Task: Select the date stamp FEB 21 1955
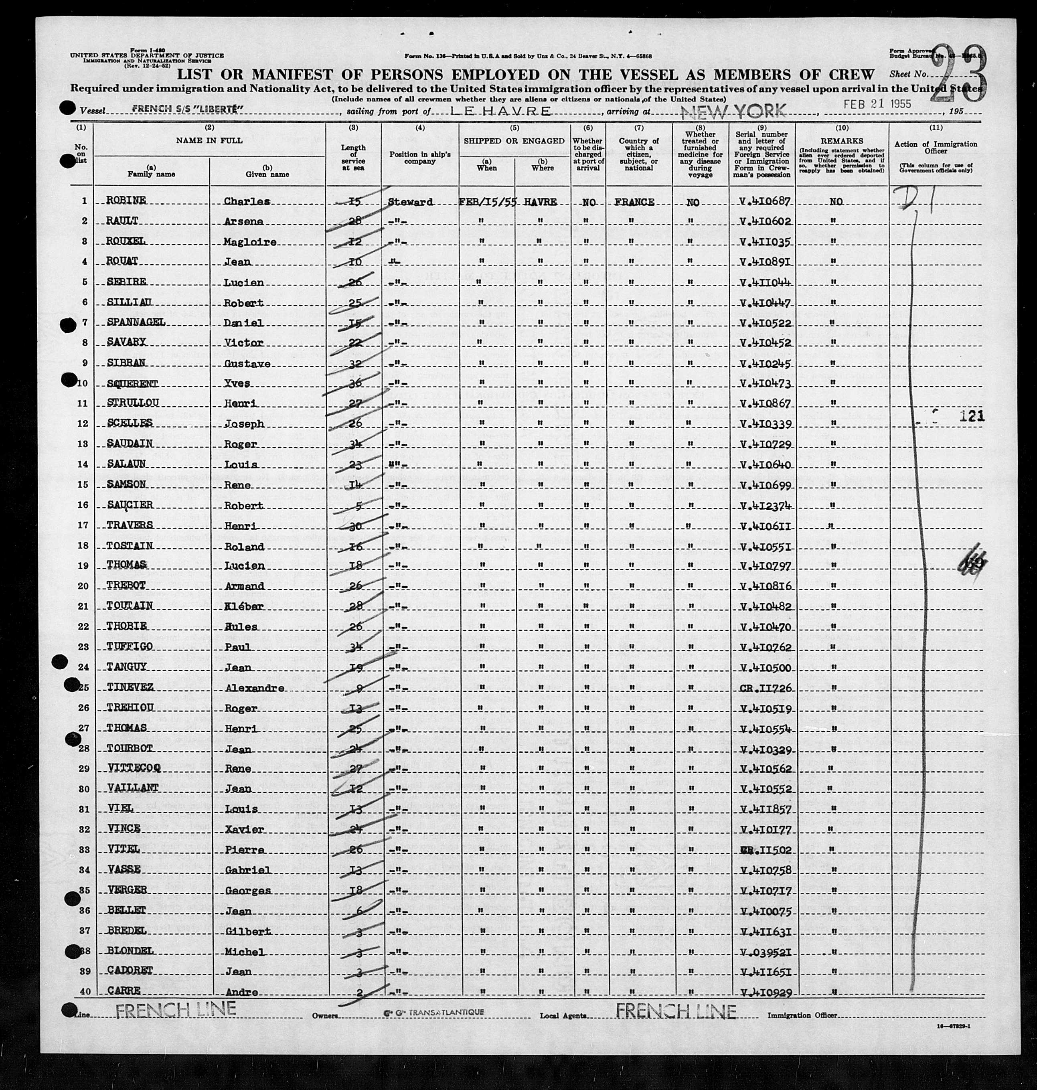(x=877, y=104)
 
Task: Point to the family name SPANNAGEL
(x=136, y=322)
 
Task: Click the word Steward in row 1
(x=410, y=202)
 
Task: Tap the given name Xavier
(x=244, y=830)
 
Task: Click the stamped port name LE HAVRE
(x=501, y=111)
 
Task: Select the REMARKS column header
(x=841, y=141)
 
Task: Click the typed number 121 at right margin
(x=972, y=416)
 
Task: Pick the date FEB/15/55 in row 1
(x=487, y=202)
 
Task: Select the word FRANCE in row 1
(x=634, y=202)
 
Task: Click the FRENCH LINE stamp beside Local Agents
(x=675, y=1011)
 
